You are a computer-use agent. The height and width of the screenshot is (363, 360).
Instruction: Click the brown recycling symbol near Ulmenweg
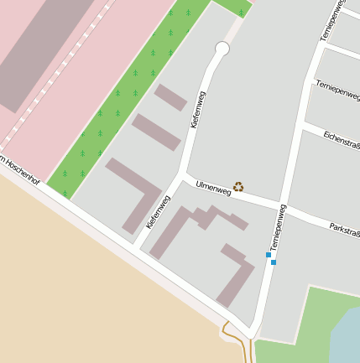pos(238,187)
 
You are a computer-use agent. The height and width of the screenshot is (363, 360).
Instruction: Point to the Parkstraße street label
pos(344,228)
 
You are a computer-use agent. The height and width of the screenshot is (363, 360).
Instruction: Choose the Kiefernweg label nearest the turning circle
pos(198,109)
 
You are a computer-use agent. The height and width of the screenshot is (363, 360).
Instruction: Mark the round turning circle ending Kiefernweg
pos(222,49)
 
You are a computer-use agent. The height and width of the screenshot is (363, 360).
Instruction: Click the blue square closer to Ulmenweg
pos(269,254)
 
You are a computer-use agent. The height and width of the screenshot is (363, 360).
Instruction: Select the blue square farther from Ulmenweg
pos(274,262)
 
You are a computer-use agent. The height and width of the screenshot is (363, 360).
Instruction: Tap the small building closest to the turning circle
pos(170,97)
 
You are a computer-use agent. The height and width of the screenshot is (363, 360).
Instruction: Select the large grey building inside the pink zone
pos(42,50)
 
